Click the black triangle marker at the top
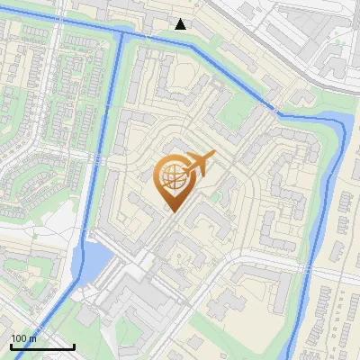tap(181, 24)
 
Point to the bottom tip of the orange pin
tap(171, 211)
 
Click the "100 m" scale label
tap(23, 338)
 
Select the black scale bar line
tap(41, 346)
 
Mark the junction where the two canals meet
tap(118, 34)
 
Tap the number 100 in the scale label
tap(19, 338)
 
